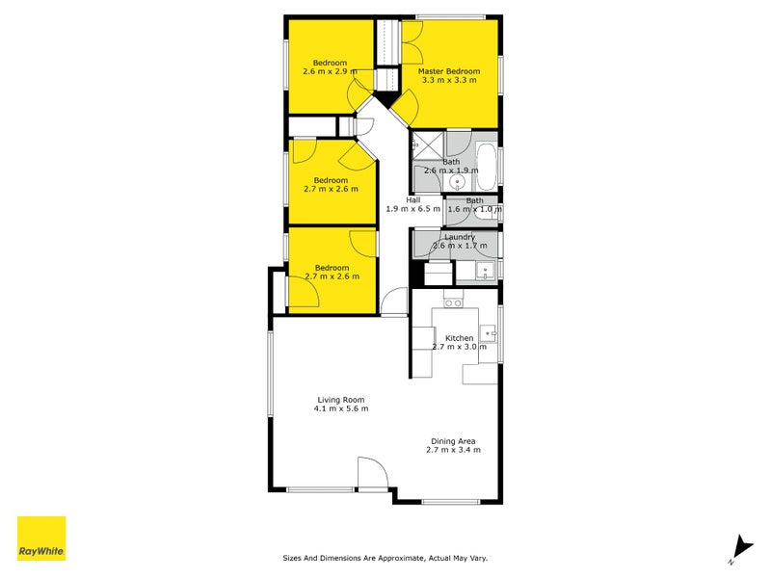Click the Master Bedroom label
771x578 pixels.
point(448,71)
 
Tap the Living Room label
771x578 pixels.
point(341,400)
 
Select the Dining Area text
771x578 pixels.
point(453,441)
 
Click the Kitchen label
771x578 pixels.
point(460,338)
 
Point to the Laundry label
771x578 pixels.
point(460,237)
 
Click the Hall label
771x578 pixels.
point(413,200)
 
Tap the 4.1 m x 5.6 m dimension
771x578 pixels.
point(341,408)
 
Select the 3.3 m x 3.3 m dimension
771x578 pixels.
point(449,80)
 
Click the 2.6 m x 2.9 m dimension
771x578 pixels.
point(330,71)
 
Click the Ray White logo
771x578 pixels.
point(41,539)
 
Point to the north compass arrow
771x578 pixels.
point(742,548)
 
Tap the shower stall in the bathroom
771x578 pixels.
point(428,145)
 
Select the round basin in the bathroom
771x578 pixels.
point(457,183)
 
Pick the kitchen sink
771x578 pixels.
point(488,332)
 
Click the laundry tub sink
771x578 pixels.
point(485,271)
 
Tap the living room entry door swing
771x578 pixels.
point(373,474)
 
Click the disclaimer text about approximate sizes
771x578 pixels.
point(385,558)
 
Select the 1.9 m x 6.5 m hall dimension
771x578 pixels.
point(413,208)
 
